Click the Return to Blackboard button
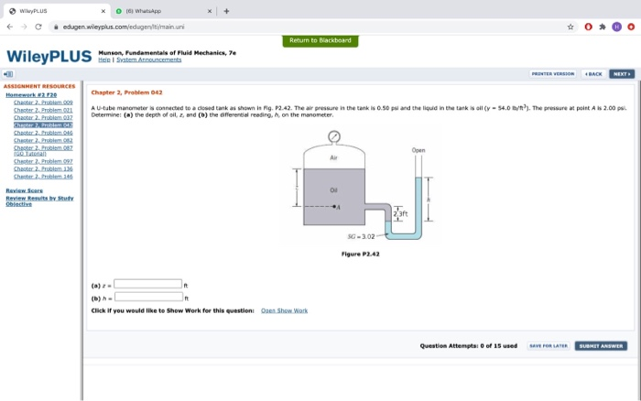[x=320, y=40]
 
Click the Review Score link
[x=23, y=190]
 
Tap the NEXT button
[x=621, y=73]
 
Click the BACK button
[x=593, y=73]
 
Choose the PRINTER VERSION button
[x=552, y=73]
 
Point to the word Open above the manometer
[x=418, y=150]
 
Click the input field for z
[x=147, y=283]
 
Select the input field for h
[x=147, y=296]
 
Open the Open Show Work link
[x=284, y=310]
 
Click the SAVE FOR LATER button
[x=547, y=346]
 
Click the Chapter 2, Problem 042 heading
[x=126, y=92]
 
